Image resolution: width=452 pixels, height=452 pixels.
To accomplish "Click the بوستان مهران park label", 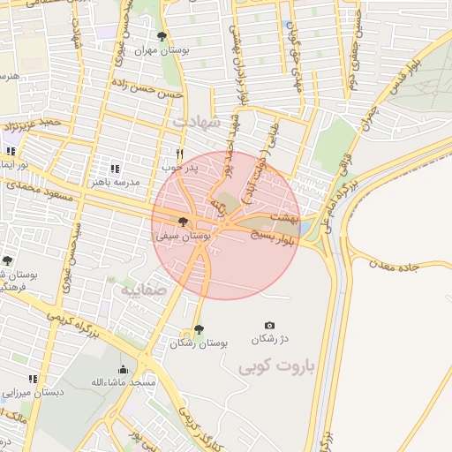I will [x=161, y=50].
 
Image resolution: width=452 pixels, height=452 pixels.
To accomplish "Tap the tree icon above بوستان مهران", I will [x=161, y=36].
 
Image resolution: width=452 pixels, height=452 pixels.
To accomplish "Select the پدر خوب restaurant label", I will [x=180, y=165].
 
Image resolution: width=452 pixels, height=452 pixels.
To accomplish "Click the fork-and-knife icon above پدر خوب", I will [x=180, y=153].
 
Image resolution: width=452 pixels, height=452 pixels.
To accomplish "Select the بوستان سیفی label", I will [x=183, y=237].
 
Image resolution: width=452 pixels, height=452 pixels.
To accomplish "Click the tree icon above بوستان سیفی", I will [x=183, y=222].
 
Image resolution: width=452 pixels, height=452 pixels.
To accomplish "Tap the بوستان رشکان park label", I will [x=199, y=342].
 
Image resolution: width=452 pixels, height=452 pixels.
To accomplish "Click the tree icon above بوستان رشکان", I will [x=199, y=328].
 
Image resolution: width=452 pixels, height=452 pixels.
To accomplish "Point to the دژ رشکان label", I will [x=269, y=339].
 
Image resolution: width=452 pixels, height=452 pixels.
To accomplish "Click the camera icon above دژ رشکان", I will [x=269, y=326].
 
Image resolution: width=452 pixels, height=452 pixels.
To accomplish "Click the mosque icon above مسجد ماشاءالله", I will [x=123, y=369].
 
